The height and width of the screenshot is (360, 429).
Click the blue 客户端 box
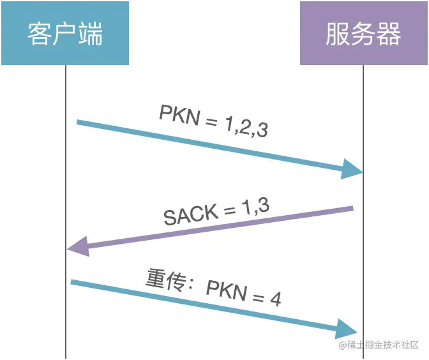pos(65,33)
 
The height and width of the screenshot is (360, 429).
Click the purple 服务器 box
pos(363,33)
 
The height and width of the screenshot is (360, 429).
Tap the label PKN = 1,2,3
pos(213,121)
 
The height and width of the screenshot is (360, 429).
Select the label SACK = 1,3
pos(216,211)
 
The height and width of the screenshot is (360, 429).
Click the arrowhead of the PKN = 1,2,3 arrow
pos(352,169)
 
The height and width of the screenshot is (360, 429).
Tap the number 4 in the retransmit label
pos(275,299)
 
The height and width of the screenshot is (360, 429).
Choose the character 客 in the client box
pos(38,34)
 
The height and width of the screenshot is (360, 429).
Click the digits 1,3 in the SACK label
pos(255,206)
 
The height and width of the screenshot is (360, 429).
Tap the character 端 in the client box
pos(91,34)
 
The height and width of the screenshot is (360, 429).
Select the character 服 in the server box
pos(338,34)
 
